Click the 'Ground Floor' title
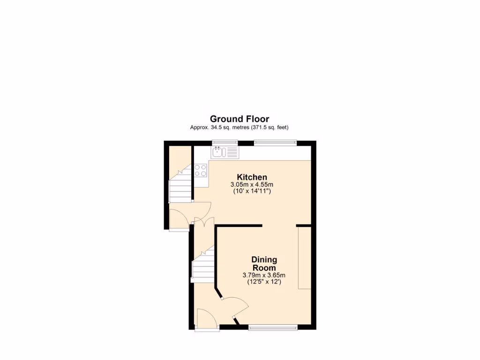pos(239,119)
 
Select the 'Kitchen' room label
pos(252,177)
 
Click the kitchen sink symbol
pos(225,151)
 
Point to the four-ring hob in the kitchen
pos(201,170)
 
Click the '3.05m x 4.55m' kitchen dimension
pos(252,185)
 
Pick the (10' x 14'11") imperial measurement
pos(252,191)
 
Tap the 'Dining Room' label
pos(264,263)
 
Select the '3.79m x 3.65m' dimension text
pos(264,275)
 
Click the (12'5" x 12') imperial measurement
pos(264,282)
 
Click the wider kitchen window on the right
pos(275,142)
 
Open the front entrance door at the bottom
pos(207,320)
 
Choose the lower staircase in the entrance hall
pos(203,266)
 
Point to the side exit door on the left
pos(179,219)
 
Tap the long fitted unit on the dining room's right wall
pos(304,258)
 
